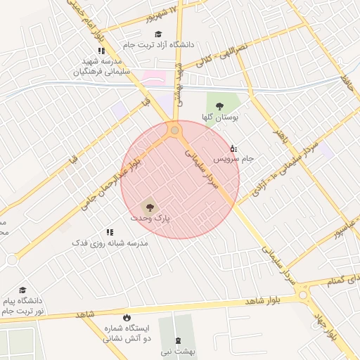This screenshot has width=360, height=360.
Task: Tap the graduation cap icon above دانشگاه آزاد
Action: click(158, 34)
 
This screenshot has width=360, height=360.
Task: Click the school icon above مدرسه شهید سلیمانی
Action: click(101, 51)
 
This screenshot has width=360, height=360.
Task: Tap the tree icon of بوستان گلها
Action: click(219, 106)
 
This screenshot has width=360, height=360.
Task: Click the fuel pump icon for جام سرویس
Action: click(233, 148)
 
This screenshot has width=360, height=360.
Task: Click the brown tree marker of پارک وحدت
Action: click(148, 207)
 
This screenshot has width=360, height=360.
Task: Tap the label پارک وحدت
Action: click(150, 219)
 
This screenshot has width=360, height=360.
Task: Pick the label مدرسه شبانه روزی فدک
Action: click(111, 243)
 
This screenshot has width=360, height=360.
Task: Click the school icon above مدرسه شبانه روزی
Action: click(110, 231)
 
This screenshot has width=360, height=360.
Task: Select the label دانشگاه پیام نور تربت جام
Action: click(22, 305)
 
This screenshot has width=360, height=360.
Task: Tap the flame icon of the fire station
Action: click(127, 317)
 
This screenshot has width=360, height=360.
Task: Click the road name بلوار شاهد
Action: click(263, 300)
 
